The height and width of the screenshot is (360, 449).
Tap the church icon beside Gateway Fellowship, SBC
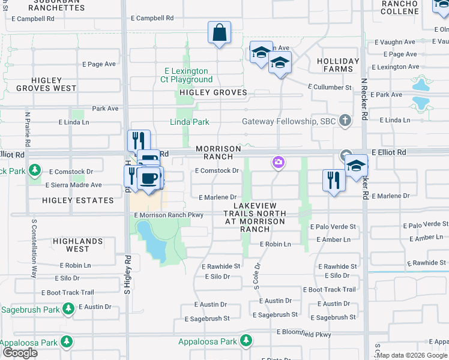click(x=345, y=121)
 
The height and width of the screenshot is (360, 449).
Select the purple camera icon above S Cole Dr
click(x=278, y=162)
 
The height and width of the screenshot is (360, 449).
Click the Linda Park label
click(x=189, y=122)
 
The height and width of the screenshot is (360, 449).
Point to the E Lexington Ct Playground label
click(x=186, y=75)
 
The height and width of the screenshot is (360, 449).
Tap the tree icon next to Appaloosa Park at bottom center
click(x=246, y=341)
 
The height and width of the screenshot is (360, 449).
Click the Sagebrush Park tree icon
click(x=68, y=310)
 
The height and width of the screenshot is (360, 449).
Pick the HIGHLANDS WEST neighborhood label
click(x=77, y=245)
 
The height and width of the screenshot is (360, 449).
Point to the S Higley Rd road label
click(x=128, y=276)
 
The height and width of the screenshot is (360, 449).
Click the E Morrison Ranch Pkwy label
click(x=169, y=215)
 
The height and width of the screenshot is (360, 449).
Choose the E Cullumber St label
click(x=330, y=87)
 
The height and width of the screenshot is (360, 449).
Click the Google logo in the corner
click(x=20, y=353)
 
